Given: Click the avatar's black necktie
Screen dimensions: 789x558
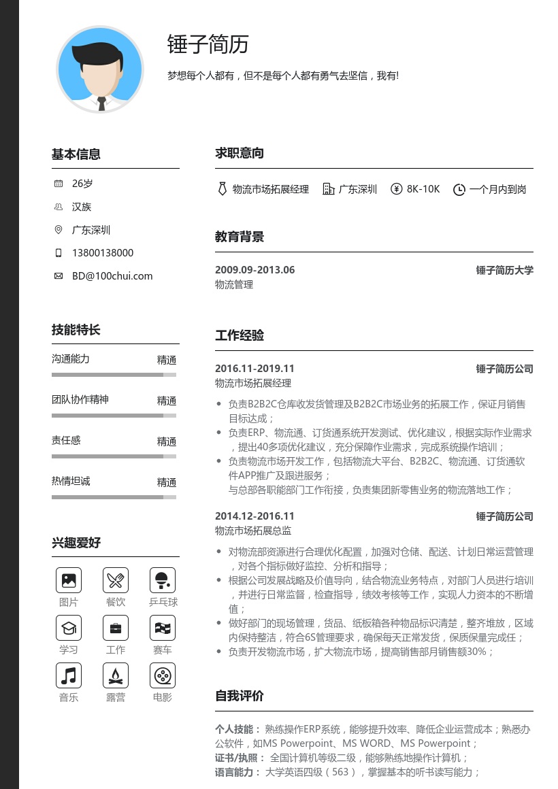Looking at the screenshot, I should click(x=101, y=103).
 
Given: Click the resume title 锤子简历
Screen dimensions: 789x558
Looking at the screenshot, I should click(x=208, y=44).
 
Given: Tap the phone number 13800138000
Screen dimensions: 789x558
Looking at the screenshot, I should click(x=103, y=253).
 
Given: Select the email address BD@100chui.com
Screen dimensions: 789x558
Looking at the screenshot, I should click(x=112, y=276).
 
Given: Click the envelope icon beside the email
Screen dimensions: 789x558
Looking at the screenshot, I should click(x=59, y=276).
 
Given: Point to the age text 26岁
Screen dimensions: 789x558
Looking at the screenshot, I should click(x=82, y=184).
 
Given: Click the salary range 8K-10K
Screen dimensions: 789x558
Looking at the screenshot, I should click(x=423, y=189).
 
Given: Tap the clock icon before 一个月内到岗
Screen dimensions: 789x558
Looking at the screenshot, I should click(x=459, y=190).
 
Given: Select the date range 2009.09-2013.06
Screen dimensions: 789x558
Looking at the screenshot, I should click(x=255, y=270).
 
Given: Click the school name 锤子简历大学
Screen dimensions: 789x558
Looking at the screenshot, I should click(x=504, y=270).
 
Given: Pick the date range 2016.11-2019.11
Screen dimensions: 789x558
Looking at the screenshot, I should click(x=255, y=369).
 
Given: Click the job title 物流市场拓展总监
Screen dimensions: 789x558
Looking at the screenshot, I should click(x=253, y=531).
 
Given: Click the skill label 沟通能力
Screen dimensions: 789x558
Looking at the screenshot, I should click(x=71, y=358).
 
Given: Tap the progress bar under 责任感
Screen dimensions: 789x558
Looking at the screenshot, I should click(x=114, y=456).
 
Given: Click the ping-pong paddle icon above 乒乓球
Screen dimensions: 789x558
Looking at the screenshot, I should click(x=163, y=580).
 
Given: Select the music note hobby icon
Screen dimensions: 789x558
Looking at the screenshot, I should click(x=68, y=675).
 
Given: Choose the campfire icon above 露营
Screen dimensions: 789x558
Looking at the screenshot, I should click(x=115, y=675).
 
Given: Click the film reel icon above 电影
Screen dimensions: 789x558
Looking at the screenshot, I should click(x=163, y=675).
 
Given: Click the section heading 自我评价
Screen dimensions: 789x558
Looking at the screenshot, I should click(x=240, y=696).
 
